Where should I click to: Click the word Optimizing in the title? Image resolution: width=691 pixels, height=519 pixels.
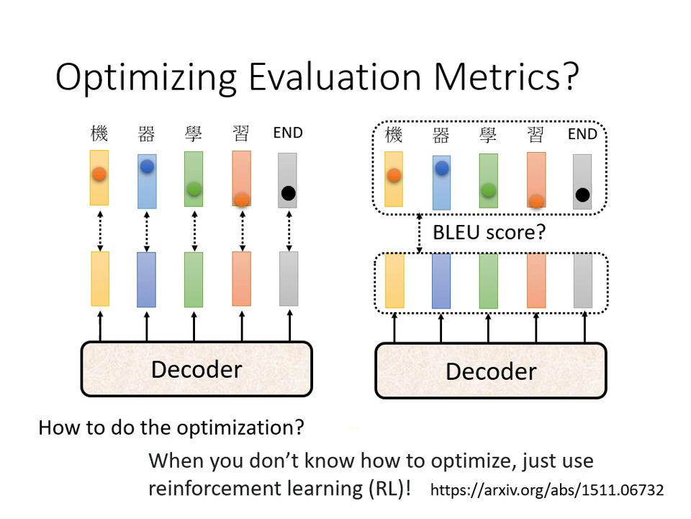click(x=146, y=78)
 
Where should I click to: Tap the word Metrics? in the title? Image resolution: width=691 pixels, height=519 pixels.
click(x=506, y=77)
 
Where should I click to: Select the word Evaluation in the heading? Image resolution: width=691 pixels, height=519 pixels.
click(x=335, y=77)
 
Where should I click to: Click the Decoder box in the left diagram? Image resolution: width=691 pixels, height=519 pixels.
click(x=197, y=369)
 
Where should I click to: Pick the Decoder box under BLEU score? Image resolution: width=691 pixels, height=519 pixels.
click(x=491, y=371)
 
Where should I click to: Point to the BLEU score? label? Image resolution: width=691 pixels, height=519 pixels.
click(x=489, y=232)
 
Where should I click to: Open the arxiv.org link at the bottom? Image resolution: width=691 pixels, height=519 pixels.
click(x=547, y=490)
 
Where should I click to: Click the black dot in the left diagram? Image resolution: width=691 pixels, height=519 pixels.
click(x=288, y=193)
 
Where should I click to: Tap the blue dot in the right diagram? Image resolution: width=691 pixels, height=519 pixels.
click(x=441, y=168)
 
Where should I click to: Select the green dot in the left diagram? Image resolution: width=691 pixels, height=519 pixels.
click(x=194, y=189)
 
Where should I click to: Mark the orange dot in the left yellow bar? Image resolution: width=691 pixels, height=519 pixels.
click(x=99, y=174)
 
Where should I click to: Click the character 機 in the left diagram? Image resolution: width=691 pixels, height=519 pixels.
click(x=99, y=133)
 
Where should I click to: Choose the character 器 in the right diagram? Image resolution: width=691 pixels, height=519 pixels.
click(x=441, y=135)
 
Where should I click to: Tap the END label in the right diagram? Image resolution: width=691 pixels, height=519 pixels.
click(x=582, y=134)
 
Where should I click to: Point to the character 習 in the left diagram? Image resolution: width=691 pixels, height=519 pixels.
click(x=241, y=133)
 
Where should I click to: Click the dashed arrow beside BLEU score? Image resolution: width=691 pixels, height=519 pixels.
click(x=419, y=234)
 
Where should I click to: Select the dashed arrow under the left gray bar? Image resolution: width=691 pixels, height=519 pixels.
click(x=289, y=231)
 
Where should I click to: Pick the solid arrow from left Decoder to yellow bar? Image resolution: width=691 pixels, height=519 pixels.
click(x=100, y=326)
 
